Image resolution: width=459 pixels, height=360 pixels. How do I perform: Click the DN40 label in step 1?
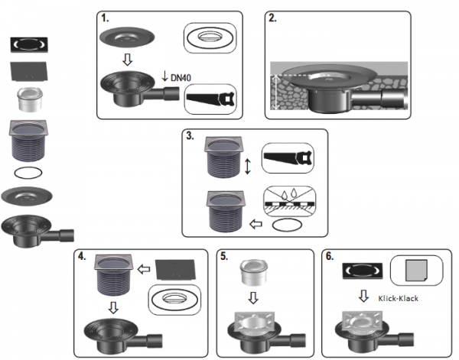[x=181, y=78]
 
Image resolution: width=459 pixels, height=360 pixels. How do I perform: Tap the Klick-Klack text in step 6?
[x=398, y=299]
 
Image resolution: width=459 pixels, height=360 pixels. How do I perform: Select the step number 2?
[x=272, y=18]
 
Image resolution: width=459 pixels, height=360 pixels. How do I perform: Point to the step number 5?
[x=224, y=256]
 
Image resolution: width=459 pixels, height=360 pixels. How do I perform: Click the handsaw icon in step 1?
[x=210, y=99]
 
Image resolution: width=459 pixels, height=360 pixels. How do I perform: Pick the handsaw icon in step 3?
[x=288, y=158]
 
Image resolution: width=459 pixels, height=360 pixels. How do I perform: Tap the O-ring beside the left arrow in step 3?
[x=287, y=225]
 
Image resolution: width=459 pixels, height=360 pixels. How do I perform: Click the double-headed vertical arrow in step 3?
[x=248, y=167]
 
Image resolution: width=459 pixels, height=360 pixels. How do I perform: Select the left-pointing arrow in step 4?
[x=144, y=269]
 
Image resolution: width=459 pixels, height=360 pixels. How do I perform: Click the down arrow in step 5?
[x=253, y=298]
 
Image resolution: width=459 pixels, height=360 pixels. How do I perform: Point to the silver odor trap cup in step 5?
[x=253, y=272]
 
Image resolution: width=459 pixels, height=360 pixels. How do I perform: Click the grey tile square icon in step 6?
[x=416, y=271]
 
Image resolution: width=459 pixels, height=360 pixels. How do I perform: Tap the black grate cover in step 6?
[x=363, y=271]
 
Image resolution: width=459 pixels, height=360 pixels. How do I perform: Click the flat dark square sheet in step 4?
[x=175, y=269]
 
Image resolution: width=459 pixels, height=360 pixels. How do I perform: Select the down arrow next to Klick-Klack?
[x=363, y=296]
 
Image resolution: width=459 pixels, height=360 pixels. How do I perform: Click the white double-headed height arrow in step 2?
[x=275, y=92]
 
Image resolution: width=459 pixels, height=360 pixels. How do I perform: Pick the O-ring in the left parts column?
[x=28, y=173]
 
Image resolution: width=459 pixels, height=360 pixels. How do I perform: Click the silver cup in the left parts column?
[x=30, y=99]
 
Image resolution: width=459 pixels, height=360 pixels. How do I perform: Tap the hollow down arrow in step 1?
[x=127, y=60]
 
